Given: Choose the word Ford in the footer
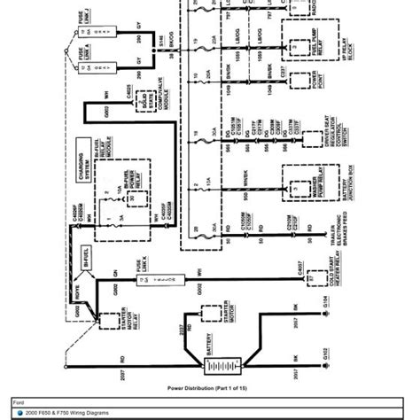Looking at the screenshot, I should pos(19,400).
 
